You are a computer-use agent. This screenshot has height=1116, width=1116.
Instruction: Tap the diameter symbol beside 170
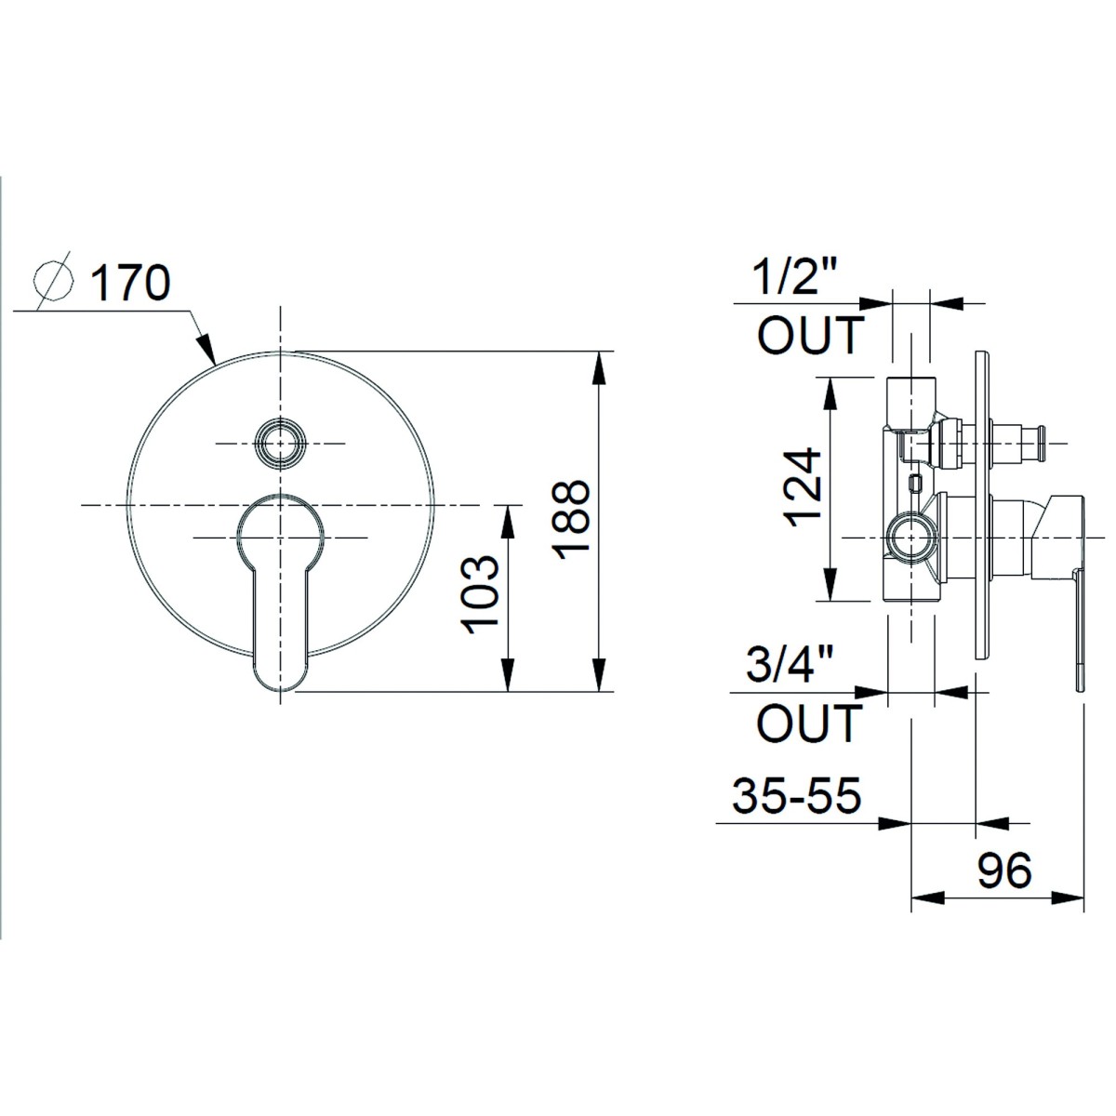coord(54,282)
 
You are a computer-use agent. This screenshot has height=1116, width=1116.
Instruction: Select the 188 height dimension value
coord(571,520)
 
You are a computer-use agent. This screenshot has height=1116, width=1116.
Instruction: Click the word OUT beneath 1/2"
coord(810,336)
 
